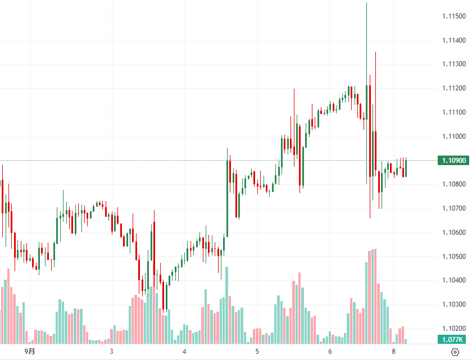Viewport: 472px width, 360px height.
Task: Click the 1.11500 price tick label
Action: (x=453, y=16)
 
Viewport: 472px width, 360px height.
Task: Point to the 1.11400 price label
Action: (x=453, y=40)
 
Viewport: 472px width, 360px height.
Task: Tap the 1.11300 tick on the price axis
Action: (x=453, y=65)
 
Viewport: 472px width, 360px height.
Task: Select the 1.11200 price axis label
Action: (x=453, y=89)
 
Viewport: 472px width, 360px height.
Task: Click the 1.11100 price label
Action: (x=453, y=112)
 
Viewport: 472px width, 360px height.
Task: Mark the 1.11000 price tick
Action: (x=453, y=136)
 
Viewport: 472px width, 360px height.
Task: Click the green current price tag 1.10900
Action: (x=453, y=161)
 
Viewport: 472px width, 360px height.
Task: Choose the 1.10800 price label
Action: (x=453, y=184)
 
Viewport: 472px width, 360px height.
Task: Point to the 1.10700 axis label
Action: (x=453, y=208)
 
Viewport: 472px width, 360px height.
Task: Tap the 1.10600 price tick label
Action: (x=453, y=233)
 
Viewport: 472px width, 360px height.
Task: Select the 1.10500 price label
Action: (x=453, y=256)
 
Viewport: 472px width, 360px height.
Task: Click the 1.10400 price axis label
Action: (x=453, y=280)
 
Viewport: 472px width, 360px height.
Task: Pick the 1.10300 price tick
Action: (x=453, y=304)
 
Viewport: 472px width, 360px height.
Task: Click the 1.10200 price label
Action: (x=453, y=328)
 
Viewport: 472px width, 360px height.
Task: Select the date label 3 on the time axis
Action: (x=112, y=352)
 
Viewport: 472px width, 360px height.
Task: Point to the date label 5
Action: (x=257, y=352)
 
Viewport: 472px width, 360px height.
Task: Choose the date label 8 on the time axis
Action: (x=394, y=352)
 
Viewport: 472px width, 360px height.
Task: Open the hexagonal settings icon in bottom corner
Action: (x=455, y=352)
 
